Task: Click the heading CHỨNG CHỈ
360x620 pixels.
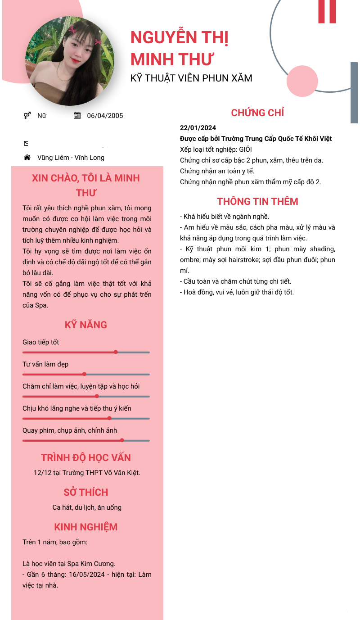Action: (257, 113)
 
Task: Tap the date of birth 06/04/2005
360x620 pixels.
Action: (105, 116)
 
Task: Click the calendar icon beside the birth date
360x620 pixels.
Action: (77, 116)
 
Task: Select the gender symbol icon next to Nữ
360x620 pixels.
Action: (27, 116)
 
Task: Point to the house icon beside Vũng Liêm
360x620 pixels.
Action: (27, 158)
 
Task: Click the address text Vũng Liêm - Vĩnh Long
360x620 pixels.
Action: (71, 158)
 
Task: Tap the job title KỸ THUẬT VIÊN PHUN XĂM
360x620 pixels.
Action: (191, 78)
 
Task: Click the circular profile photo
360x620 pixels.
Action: (70, 61)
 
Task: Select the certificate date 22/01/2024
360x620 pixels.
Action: (198, 128)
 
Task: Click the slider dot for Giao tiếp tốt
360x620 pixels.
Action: (116, 352)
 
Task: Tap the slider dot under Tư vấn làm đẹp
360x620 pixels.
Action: (84, 374)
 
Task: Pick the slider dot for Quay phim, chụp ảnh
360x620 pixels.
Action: (122, 440)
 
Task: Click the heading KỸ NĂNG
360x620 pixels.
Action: (86, 325)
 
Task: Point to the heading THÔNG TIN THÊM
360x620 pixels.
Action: (257, 201)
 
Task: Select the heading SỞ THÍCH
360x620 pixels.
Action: (86, 492)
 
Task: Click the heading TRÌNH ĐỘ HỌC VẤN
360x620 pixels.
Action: (86, 457)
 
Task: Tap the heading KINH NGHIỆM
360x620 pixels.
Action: (86, 527)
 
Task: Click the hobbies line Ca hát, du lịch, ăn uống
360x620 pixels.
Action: (87, 507)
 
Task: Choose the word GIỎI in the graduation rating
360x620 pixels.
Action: (246, 149)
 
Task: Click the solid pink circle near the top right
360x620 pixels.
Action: (302, 81)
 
